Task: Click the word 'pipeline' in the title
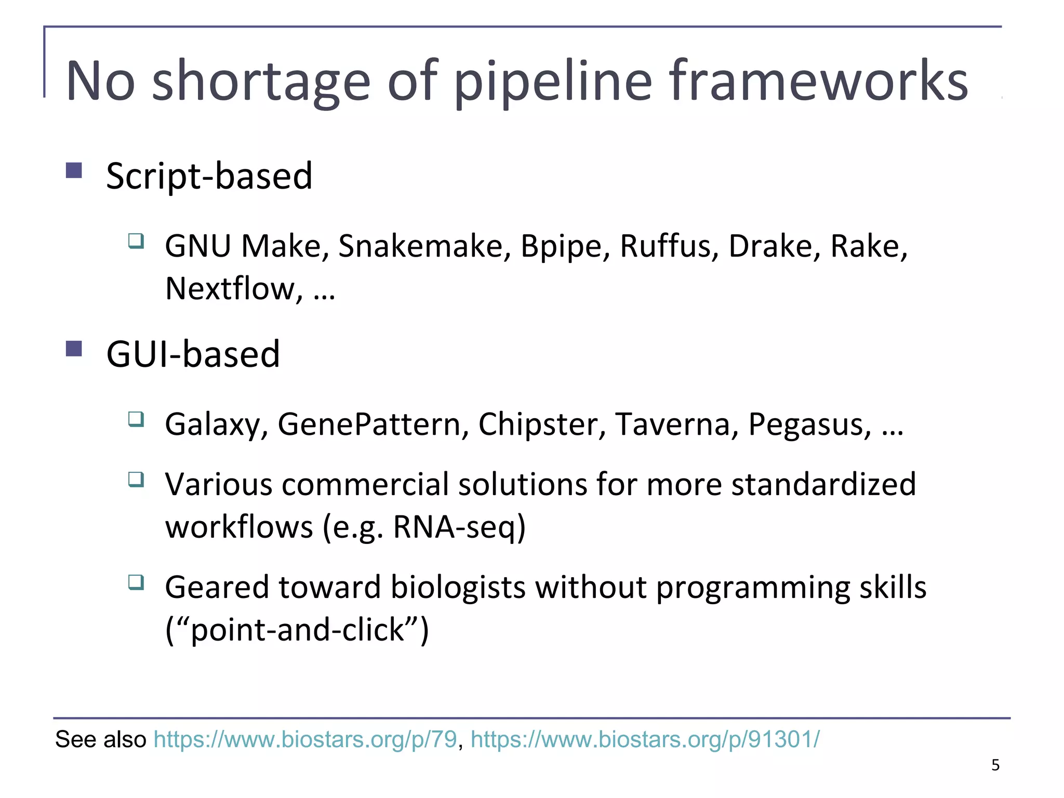pyautogui.click(x=553, y=82)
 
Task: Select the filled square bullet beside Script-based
pyautogui.click(x=74, y=170)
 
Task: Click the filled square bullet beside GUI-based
pyautogui.click(x=74, y=348)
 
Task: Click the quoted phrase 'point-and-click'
pyautogui.click(x=298, y=630)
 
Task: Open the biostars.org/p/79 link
pyautogui.click(x=305, y=739)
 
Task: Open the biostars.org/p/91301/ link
pyautogui.click(x=645, y=739)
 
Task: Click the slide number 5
pyautogui.click(x=995, y=765)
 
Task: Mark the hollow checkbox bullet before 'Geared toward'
pyautogui.click(x=136, y=582)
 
